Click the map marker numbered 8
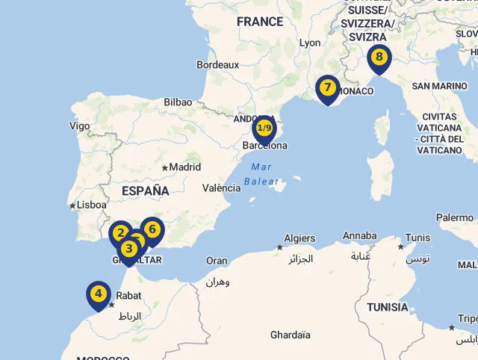pos(379,58)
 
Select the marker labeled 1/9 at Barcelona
pos(264,128)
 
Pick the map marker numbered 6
pos(152,229)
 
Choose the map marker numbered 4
pos(98,294)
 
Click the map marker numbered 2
pos(119,233)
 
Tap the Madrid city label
pos(184,167)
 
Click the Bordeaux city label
pos(217,65)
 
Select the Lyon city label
pos(310,43)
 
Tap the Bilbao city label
pos(178,102)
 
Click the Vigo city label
pos(79,125)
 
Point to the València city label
pos(222,188)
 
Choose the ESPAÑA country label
pos(146,191)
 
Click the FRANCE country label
pos(260,22)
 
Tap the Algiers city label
pos(299,239)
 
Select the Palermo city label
pos(455,217)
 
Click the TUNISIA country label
pos(388,307)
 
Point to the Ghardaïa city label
pos(290,335)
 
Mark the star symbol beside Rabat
pos(111,305)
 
